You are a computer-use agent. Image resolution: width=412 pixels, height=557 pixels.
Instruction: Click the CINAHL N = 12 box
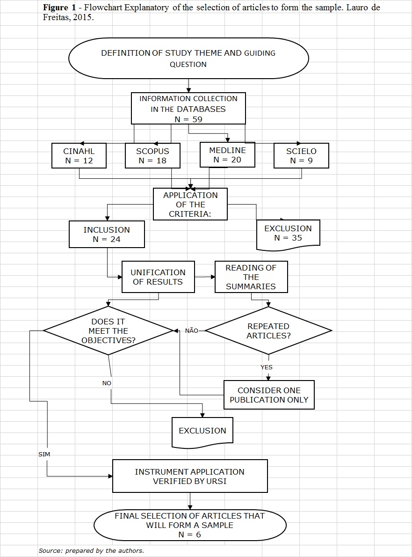[x=79, y=156]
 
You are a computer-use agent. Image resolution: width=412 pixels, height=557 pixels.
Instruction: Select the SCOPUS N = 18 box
[x=152, y=156]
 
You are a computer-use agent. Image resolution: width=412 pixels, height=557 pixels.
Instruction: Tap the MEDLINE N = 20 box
[x=227, y=154]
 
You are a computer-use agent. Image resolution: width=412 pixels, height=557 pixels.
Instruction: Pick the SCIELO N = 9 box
[x=301, y=156]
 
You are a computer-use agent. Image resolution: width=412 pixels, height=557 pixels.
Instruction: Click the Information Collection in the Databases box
[x=188, y=109]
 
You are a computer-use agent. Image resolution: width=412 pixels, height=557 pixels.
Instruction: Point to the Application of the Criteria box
[x=190, y=204]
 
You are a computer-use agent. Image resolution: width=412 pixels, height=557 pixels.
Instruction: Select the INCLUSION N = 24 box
[x=107, y=235]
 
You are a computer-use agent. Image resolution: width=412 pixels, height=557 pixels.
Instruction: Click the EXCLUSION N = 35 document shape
[x=288, y=233]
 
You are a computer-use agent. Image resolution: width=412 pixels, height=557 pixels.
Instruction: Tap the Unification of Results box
[x=158, y=277]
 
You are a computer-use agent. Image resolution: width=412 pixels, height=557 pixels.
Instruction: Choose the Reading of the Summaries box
[x=251, y=277]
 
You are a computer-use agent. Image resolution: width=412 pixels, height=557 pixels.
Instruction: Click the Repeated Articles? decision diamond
[x=268, y=330]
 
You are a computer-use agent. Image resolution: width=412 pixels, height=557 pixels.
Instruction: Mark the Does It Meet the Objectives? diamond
[x=108, y=330]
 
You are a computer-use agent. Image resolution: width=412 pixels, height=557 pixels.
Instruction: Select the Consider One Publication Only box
[x=269, y=395]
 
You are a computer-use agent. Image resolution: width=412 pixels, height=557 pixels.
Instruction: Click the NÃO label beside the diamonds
[x=192, y=331]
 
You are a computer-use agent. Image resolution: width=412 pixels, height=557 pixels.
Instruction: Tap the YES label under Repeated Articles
[x=267, y=367]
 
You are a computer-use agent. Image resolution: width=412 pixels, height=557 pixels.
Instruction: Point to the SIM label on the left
[x=44, y=454]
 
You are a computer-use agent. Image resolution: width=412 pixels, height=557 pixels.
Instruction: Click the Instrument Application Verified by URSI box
[x=190, y=476]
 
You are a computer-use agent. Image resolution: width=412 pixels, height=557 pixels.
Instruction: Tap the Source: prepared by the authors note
[x=91, y=551]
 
